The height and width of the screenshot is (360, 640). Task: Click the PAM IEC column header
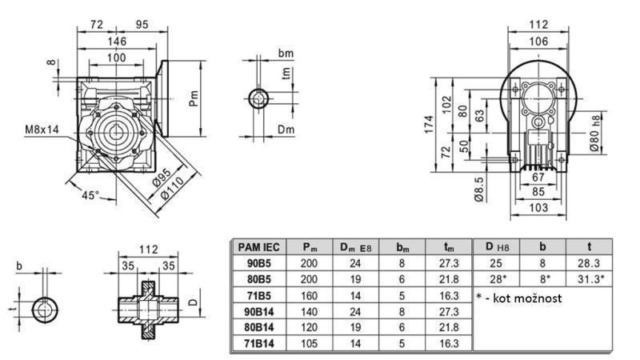point(257,247)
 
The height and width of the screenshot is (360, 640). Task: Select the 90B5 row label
point(257,262)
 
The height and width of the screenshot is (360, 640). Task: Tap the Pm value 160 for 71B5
point(306,294)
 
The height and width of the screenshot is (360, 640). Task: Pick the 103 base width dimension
point(538,207)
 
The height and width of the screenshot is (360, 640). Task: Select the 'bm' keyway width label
point(285,53)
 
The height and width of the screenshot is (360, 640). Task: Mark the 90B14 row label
point(257,310)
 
